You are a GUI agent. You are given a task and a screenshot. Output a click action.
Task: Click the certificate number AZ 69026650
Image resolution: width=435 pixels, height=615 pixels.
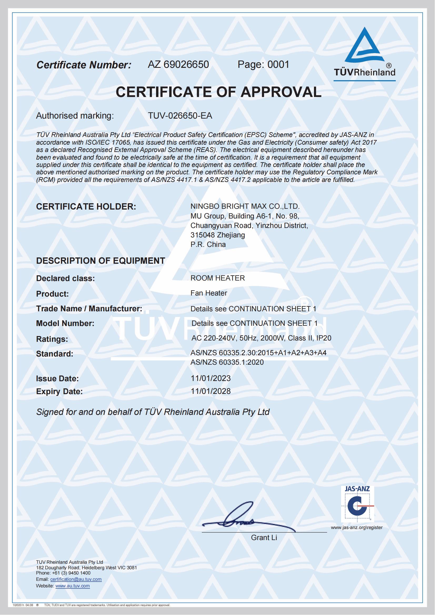(178, 65)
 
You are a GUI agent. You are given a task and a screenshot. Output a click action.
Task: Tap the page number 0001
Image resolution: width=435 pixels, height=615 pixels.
(278, 65)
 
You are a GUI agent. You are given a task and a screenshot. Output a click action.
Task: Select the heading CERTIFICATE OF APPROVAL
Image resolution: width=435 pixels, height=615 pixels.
(218, 92)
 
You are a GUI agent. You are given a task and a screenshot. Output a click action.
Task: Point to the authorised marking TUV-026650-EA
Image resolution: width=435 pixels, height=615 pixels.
(180, 116)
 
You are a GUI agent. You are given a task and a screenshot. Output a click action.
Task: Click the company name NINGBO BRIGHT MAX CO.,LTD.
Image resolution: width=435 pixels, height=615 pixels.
(245, 206)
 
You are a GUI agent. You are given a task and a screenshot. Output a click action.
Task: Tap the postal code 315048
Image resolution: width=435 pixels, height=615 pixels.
(203, 235)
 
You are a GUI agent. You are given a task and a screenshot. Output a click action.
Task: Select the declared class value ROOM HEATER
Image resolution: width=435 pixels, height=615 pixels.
(218, 278)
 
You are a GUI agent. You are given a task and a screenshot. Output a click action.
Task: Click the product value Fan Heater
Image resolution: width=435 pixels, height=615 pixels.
(209, 293)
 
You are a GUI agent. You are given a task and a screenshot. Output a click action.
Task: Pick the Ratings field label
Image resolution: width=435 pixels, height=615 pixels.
(52, 339)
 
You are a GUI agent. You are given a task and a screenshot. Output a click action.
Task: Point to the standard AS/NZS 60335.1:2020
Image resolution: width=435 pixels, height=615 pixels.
(227, 362)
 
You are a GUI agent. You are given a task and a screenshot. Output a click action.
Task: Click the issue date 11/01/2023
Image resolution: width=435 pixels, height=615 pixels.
(211, 378)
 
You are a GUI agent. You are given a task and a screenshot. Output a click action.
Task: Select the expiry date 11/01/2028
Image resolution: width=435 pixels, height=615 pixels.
(211, 391)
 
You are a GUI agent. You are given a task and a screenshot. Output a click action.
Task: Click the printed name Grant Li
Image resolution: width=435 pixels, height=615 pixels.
(264, 538)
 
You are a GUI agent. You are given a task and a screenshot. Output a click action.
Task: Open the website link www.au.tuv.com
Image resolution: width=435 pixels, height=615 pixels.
(73, 586)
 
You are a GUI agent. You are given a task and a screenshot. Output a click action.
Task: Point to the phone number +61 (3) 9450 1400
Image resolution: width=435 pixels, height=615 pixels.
(71, 573)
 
